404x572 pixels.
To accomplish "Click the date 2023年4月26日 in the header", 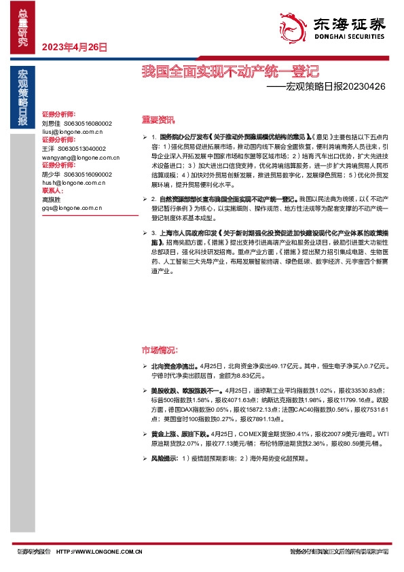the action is [x=75, y=47].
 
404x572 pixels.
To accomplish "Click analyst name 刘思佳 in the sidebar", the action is [x=52, y=123].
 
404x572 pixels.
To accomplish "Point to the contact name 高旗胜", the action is [x=52, y=199].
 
